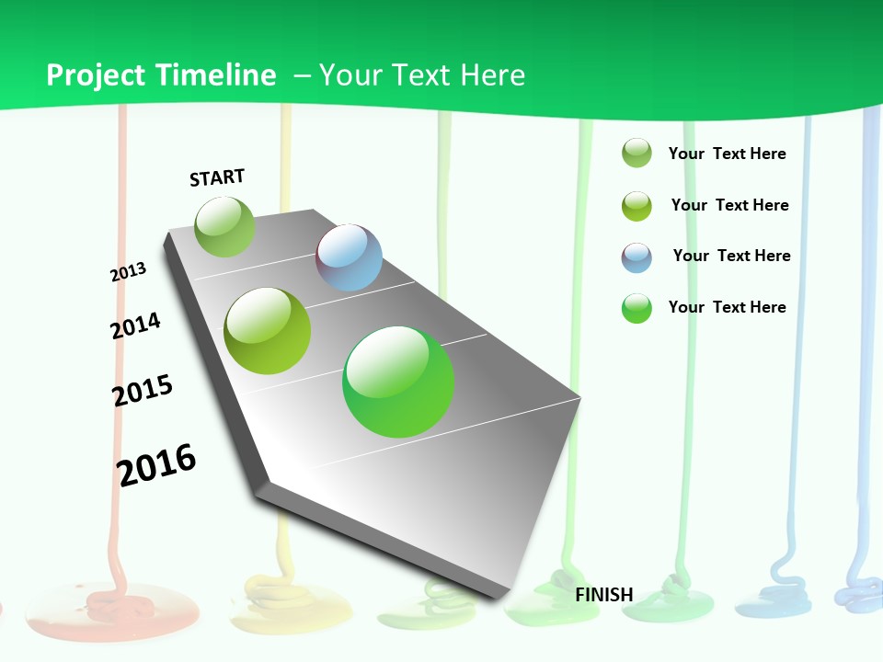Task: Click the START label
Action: (217, 177)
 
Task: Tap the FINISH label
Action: (604, 595)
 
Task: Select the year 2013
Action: (128, 272)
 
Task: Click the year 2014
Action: (135, 325)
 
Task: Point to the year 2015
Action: (143, 391)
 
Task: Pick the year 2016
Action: (156, 464)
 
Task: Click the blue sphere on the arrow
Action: (350, 257)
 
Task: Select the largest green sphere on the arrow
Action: (398, 381)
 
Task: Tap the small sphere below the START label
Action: (224, 226)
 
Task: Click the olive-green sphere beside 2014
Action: (268, 331)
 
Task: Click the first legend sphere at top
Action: (636, 154)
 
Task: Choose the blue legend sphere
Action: (636, 257)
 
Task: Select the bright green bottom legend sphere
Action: (636, 308)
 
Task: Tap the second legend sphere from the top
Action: (636, 206)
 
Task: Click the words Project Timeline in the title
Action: (161, 75)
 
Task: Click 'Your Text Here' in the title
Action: (422, 75)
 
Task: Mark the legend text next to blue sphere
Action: (731, 256)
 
